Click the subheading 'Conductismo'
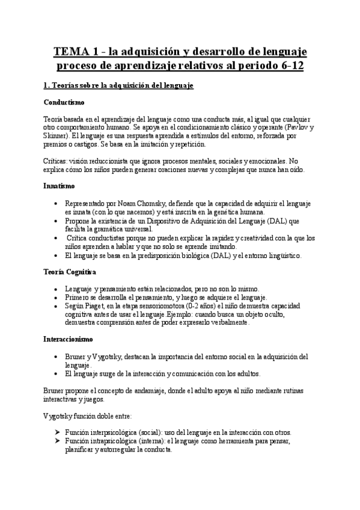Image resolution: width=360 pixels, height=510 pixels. click(x=64, y=103)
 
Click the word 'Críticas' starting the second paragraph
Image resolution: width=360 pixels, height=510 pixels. click(x=57, y=161)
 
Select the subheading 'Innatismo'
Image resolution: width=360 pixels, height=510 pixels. click(x=59, y=186)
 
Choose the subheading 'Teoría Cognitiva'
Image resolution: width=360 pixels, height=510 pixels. click(x=69, y=272)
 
